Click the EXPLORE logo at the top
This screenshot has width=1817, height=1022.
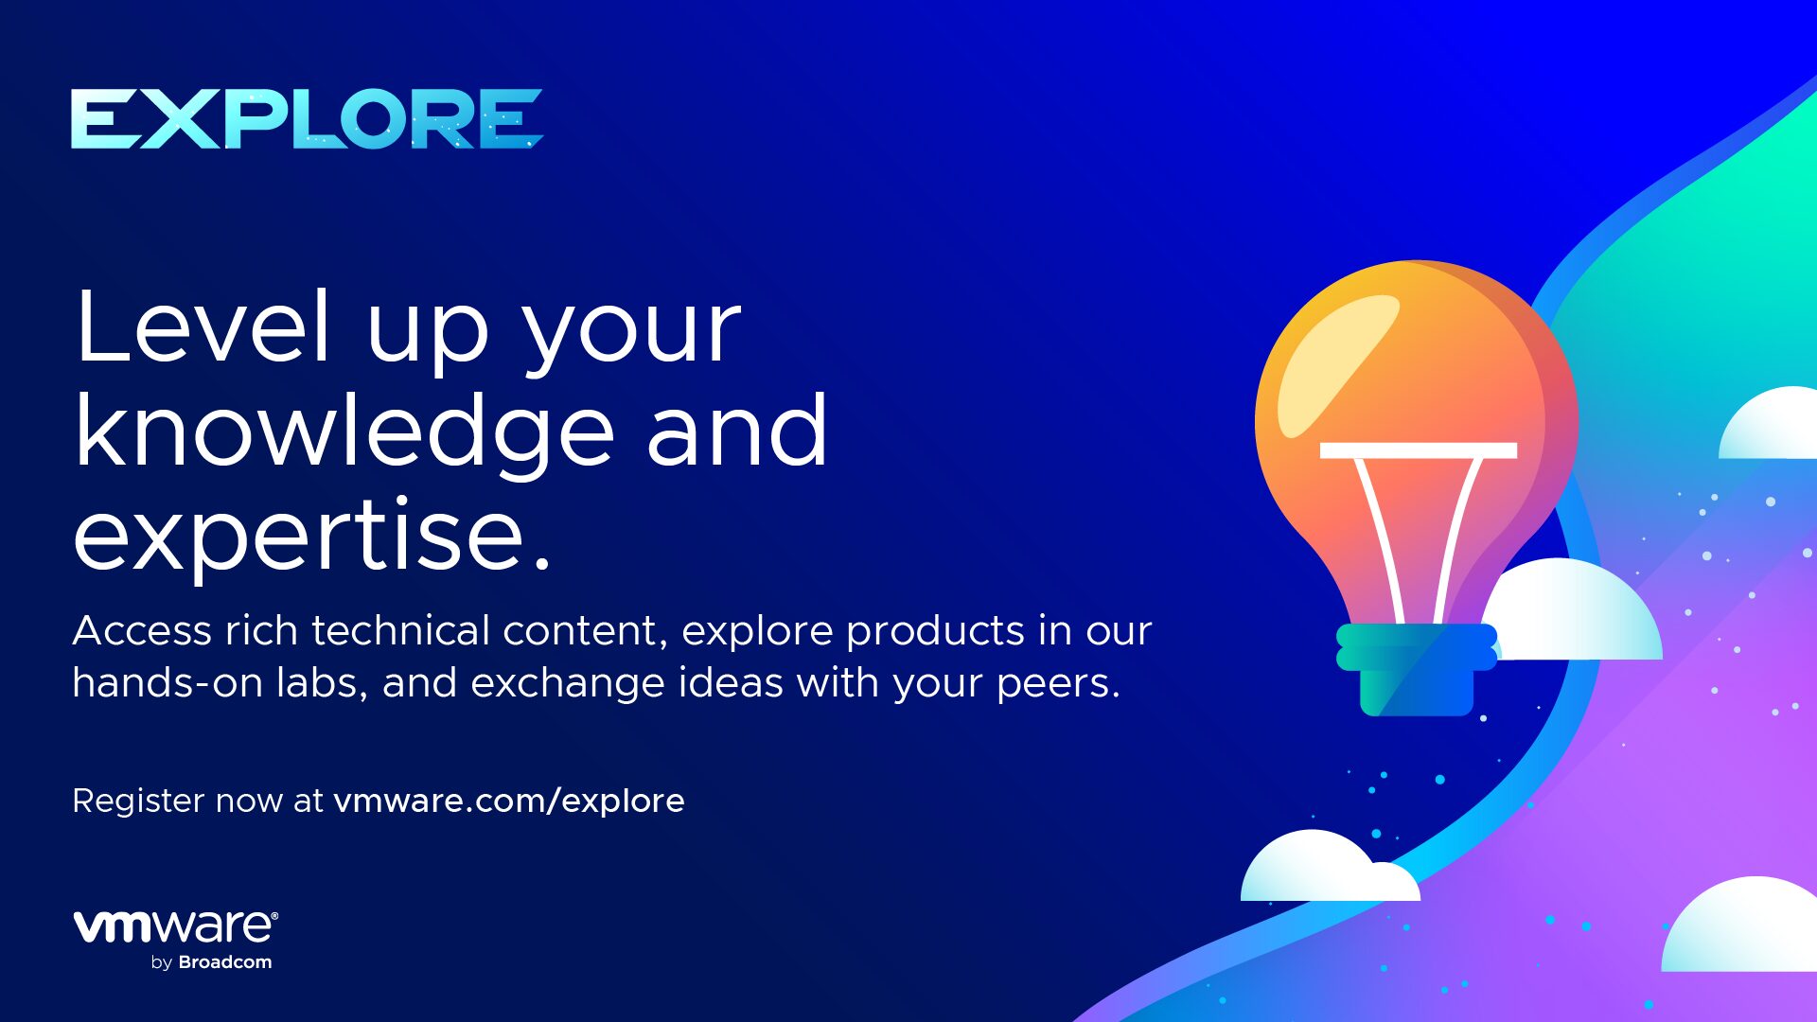pyautogui.click(x=307, y=119)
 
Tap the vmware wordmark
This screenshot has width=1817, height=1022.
pyautogui.click(x=176, y=926)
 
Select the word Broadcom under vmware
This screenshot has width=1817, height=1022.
pyautogui.click(x=225, y=962)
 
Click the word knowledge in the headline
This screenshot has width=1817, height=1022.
pyautogui.click(x=345, y=433)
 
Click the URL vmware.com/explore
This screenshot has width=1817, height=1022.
pyautogui.click(x=509, y=802)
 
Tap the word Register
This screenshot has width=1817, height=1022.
pyautogui.click(x=138, y=802)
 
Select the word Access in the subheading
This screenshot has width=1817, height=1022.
pyautogui.click(x=142, y=631)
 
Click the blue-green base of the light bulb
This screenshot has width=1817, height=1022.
pyautogui.click(x=1417, y=669)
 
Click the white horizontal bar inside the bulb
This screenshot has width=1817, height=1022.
pyautogui.click(x=1419, y=450)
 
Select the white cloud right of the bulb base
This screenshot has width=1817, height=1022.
pyautogui.click(x=1576, y=610)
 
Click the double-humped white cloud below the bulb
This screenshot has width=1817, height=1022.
pyautogui.click(x=1330, y=868)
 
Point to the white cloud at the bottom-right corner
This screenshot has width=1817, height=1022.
pyautogui.click(x=1741, y=925)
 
